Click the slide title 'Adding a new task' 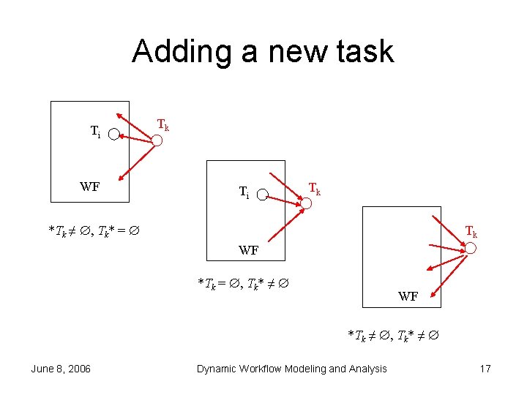click(263, 52)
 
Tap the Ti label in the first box click(95, 132)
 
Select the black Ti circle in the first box click(114, 135)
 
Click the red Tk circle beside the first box click(157, 140)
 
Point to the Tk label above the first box click(164, 125)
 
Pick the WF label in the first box click(90, 187)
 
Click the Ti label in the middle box click(244, 193)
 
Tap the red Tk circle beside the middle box click(306, 203)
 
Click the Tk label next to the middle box click(314, 189)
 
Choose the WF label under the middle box click(249, 250)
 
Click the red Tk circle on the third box click(471, 249)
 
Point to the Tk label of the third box click(471, 233)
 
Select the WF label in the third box click(408, 296)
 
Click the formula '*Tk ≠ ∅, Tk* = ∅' click(94, 231)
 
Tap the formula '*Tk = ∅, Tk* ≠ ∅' click(244, 282)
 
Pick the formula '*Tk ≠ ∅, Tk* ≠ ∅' click(393, 336)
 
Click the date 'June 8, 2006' click(61, 369)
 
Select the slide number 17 click(485, 369)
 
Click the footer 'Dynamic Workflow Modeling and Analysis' click(291, 369)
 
